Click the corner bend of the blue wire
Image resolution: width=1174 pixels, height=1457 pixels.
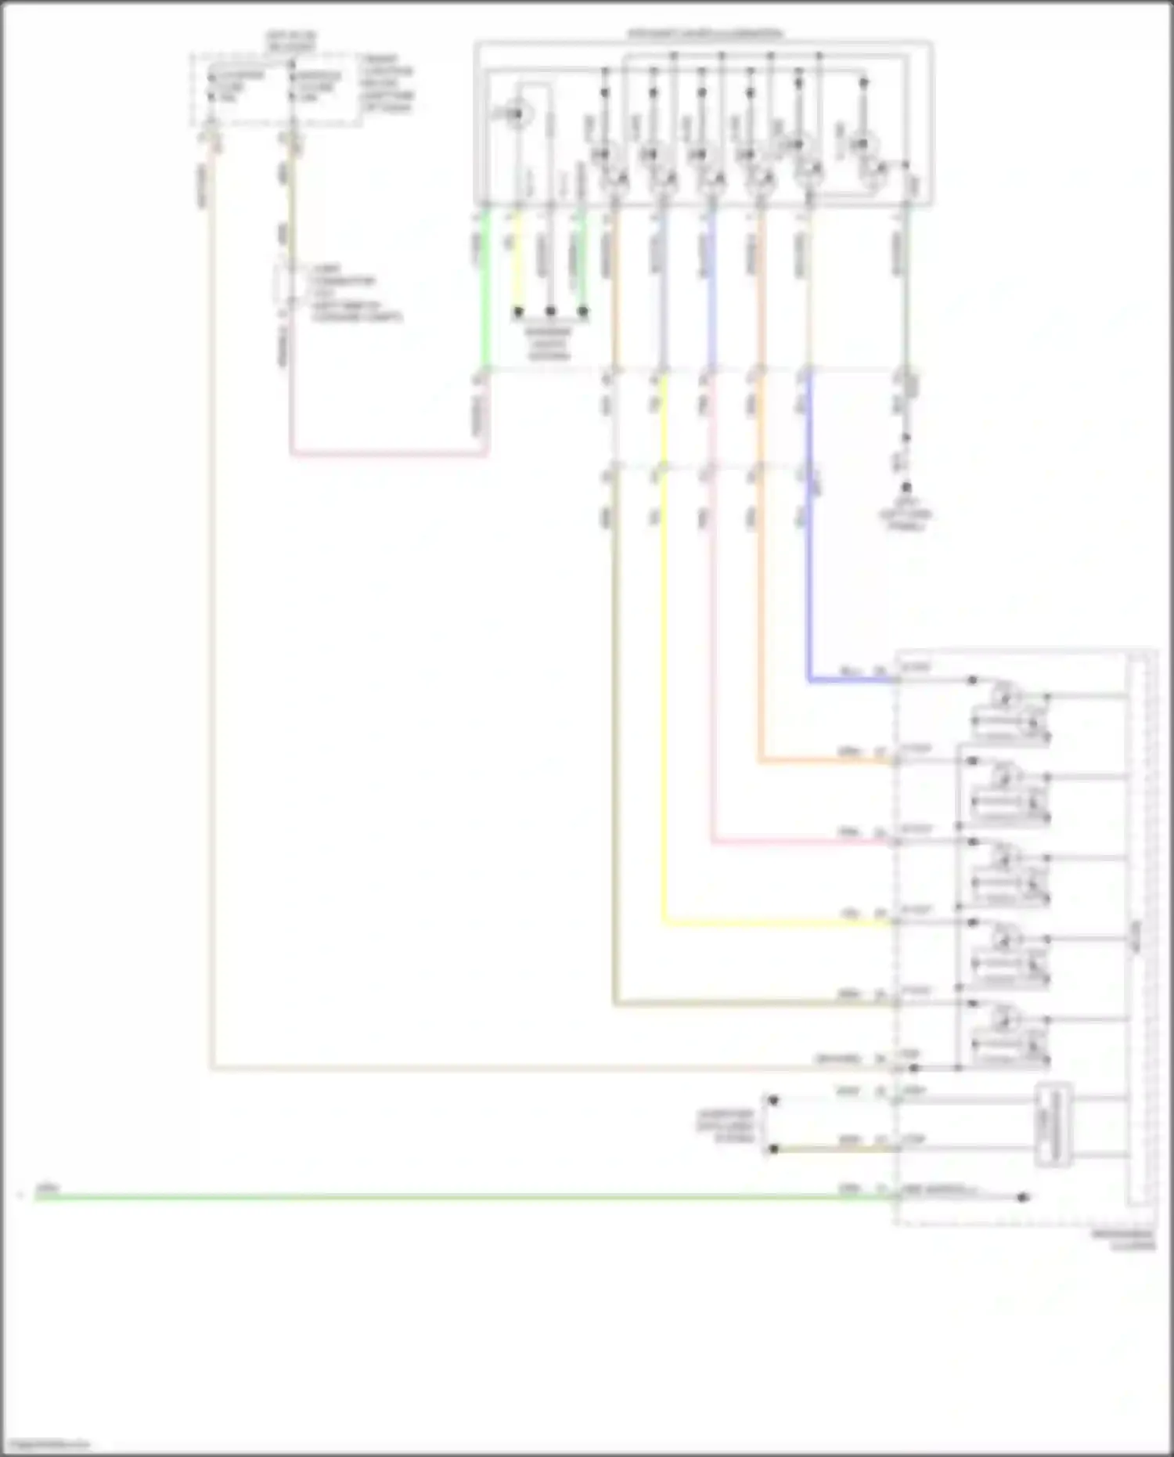click(x=810, y=680)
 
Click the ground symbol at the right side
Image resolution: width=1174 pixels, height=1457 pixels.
click(x=906, y=489)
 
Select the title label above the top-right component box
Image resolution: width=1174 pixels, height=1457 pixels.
click(x=704, y=34)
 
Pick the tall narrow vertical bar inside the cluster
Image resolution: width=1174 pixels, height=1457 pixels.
click(x=1137, y=932)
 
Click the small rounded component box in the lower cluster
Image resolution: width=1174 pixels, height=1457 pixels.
click(x=1053, y=1124)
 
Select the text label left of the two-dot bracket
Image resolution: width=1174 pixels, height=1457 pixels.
click(x=726, y=1125)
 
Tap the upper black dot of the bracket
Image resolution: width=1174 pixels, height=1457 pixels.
click(x=773, y=1100)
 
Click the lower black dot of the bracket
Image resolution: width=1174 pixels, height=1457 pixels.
click(x=773, y=1149)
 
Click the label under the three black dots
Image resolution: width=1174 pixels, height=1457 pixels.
click(x=549, y=343)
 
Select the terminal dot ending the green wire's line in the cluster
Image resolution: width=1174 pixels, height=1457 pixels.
click(x=1022, y=1197)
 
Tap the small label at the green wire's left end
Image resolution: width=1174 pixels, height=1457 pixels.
click(x=47, y=1188)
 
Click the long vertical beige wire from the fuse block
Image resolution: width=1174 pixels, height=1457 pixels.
click(x=211, y=626)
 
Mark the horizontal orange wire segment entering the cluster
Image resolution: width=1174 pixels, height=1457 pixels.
click(x=826, y=761)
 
